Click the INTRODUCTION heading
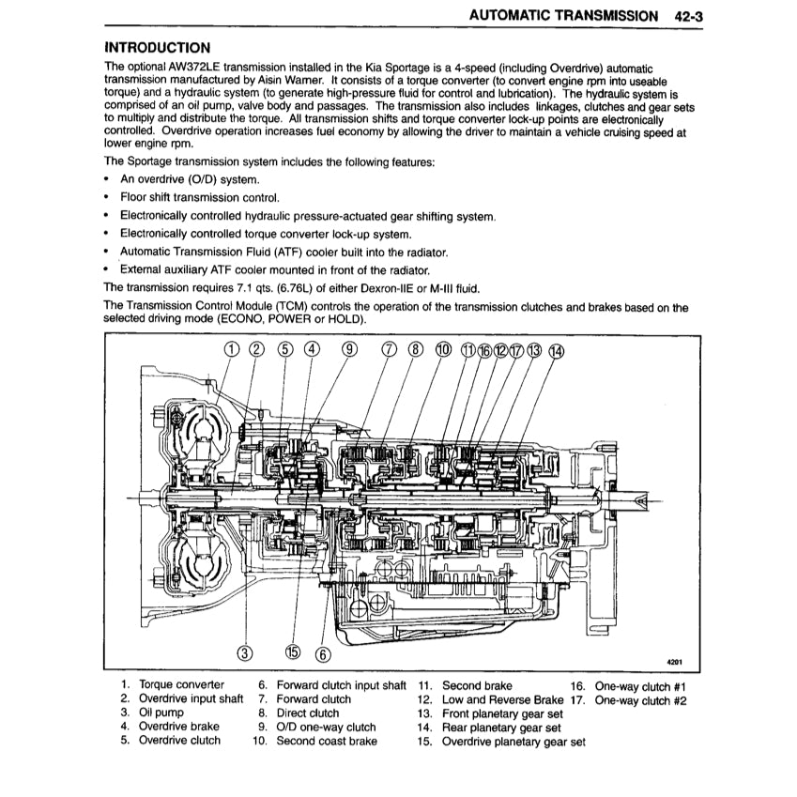(157, 48)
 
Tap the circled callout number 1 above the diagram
(232, 350)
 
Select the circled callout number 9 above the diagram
(350, 350)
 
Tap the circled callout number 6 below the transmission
(324, 653)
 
